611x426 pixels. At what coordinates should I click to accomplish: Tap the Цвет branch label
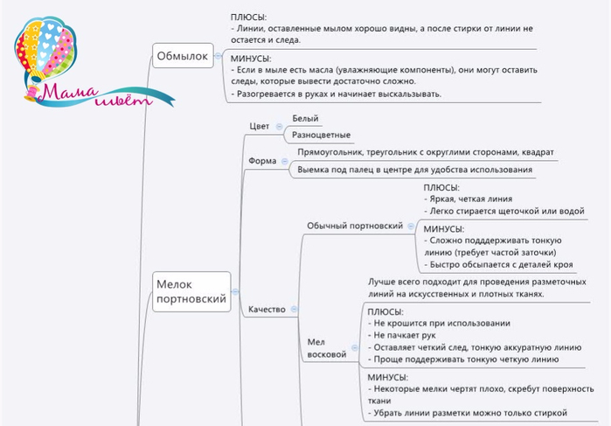pyautogui.click(x=260, y=126)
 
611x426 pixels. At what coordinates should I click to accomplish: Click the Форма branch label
pyautogui.click(x=262, y=161)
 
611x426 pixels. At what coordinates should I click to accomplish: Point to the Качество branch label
pyautogui.click(x=267, y=310)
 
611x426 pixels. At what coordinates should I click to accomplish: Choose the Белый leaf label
pyautogui.click(x=305, y=118)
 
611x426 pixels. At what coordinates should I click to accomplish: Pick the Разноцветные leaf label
pyautogui.click(x=321, y=136)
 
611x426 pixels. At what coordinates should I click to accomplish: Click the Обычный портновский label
pyautogui.click(x=354, y=226)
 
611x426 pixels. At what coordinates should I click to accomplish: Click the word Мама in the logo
pyautogui.click(x=67, y=91)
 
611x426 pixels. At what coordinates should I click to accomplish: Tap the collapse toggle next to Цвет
pyautogui.click(x=279, y=126)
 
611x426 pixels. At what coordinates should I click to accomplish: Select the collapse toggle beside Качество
pyautogui.click(x=294, y=310)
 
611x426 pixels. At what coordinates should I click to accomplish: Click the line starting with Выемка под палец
pyautogui.click(x=414, y=170)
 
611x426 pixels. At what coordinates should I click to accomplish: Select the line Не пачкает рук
pyautogui.click(x=401, y=335)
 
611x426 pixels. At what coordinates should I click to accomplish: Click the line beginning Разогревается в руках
pyautogui.click(x=338, y=94)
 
